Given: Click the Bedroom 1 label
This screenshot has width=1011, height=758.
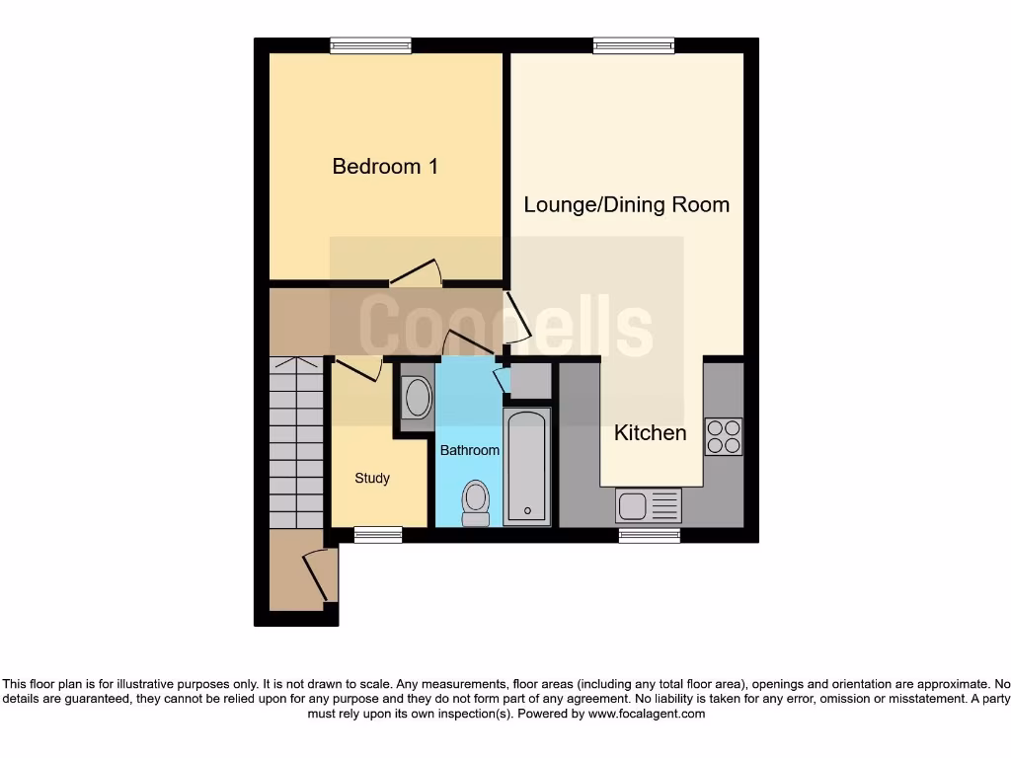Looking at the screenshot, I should (385, 167).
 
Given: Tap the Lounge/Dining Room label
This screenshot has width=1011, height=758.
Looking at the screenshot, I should (626, 205).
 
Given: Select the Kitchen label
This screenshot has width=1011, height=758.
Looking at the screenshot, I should (650, 433).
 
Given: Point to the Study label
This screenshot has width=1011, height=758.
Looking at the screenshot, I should (372, 479).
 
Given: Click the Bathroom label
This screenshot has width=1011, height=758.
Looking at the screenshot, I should (469, 450).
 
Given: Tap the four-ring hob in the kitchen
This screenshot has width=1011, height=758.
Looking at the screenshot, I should (724, 436).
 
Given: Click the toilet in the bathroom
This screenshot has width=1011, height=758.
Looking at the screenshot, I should (476, 502).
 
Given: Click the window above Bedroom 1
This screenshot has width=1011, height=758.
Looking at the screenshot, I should (371, 44).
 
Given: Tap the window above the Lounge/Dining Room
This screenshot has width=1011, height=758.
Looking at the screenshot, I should (634, 44).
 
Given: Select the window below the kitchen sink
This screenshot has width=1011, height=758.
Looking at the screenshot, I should (649, 535).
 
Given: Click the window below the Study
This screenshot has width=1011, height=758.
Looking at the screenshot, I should (378, 535).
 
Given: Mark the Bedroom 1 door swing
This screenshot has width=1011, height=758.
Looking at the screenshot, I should (416, 272).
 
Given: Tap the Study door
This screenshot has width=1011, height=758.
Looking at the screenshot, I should (358, 370).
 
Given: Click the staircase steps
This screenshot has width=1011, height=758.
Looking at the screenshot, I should (296, 444).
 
